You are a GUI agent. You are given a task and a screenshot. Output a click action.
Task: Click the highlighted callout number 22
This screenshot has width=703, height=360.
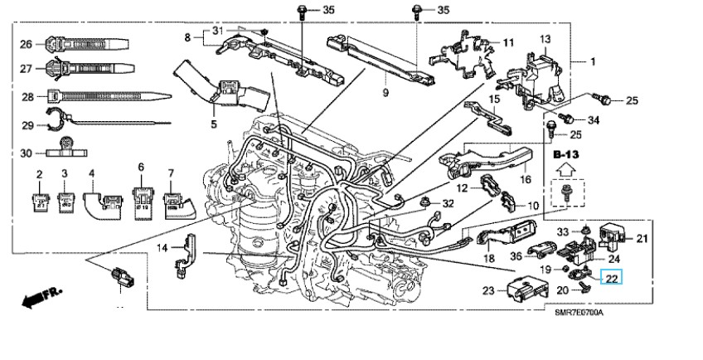(x=612, y=279)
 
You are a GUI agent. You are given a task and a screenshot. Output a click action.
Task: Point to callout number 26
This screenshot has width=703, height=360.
(x=26, y=44)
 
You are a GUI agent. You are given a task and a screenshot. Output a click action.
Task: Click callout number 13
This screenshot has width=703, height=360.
(x=545, y=40)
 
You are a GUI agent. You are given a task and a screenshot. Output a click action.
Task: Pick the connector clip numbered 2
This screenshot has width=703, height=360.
(x=39, y=200)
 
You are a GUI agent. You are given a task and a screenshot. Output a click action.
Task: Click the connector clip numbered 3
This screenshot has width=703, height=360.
(x=65, y=200)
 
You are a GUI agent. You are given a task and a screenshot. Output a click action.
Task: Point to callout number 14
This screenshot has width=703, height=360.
(x=163, y=247)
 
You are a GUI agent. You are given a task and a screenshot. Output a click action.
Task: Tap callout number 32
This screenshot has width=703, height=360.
(x=448, y=203)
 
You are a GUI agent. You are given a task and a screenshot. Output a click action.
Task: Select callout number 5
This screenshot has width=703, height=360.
(x=213, y=125)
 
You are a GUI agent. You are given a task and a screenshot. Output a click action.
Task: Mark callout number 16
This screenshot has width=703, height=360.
(x=525, y=179)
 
